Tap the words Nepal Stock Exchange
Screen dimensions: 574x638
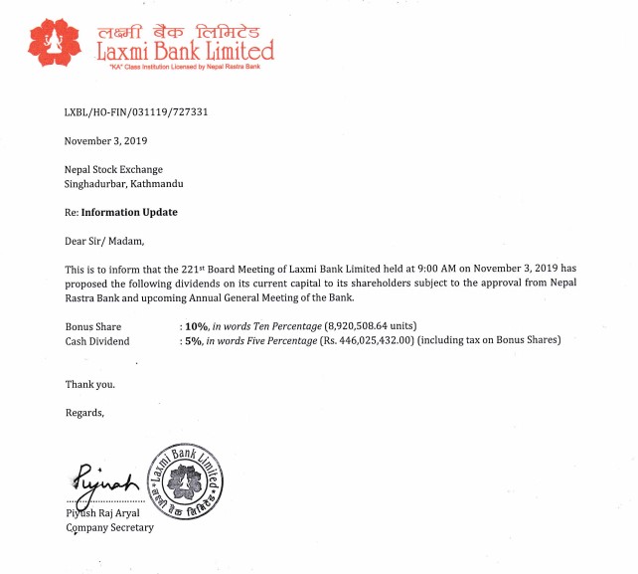pos(113,170)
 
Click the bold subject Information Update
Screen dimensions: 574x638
pos(129,212)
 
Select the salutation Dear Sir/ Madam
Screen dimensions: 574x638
pos(104,240)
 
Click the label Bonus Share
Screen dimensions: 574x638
pos(92,326)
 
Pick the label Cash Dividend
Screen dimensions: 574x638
pos(98,341)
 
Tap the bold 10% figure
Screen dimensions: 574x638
pos(196,326)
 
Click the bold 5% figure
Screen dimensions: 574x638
pos(193,341)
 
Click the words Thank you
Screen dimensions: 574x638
pos(89,384)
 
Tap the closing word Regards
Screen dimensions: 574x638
pos(84,412)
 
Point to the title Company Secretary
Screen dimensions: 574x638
pos(109,527)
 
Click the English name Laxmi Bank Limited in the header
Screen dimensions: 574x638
pos(185,50)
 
